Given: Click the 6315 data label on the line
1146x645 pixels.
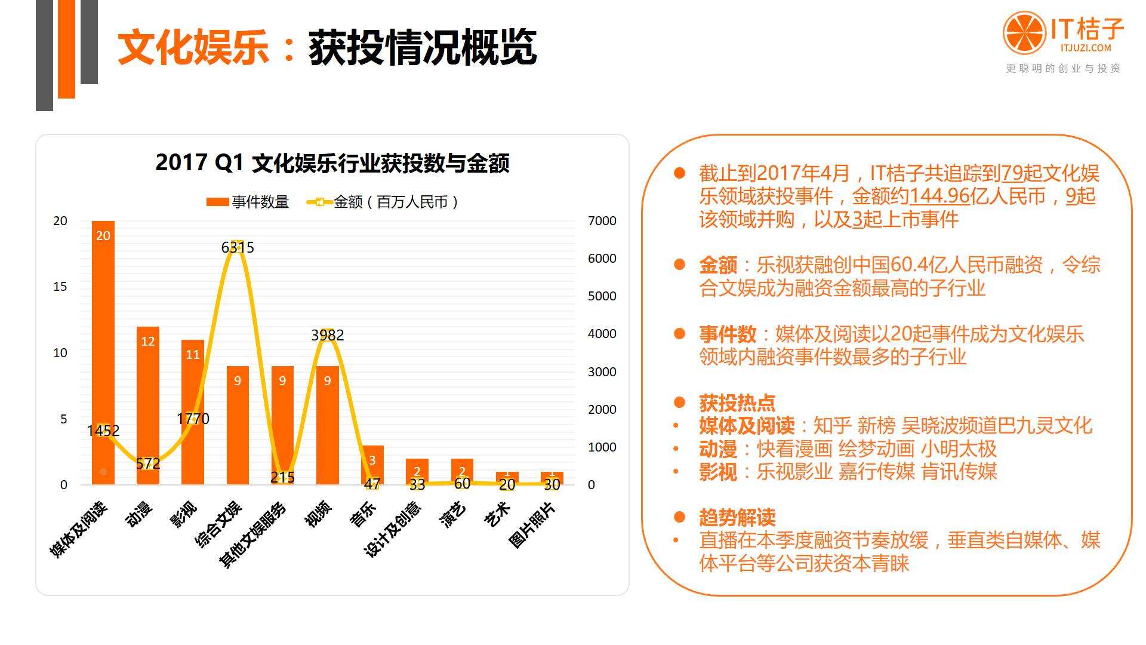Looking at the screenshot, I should (x=238, y=247).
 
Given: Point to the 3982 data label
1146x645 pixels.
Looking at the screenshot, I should (x=328, y=335).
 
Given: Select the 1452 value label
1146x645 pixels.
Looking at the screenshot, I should (x=103, y=431).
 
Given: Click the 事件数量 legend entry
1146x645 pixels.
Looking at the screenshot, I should (x=248, y=202).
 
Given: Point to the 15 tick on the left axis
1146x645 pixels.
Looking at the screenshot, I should (x=60, y=287).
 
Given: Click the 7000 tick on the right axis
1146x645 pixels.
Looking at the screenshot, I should (x=602, y=221).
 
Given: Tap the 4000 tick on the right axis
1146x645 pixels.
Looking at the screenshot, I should (x=602, y=334).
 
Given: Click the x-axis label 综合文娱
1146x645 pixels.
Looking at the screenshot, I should (x=218, y=525).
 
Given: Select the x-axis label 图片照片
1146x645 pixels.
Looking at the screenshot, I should (x=532, y=525).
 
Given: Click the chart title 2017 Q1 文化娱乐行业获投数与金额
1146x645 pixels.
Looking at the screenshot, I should (x=332, y=163).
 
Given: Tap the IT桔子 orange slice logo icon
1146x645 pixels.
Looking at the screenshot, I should (x=1024, y=33).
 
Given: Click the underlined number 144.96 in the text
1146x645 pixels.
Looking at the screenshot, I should (x=939, y=196).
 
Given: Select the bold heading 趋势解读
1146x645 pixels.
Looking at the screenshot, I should (x=737, y=517).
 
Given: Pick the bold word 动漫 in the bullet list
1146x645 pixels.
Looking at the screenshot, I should (x=718, y=449).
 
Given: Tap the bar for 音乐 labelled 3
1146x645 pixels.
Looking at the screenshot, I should (x=372, y=465).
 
